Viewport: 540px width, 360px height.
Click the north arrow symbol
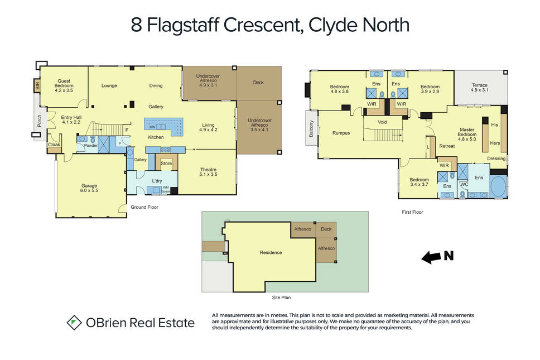pyautogui.click(x=431, y=257)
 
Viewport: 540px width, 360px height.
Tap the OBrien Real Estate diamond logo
pyautogui.click(x=74, y=323)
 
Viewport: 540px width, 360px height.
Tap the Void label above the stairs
pyautogui.click(x=382, y=122)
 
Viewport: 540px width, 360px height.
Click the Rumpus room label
pyautogui.click(x=341, y=133)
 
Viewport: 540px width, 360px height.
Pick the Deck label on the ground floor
pyautogui.click(x=258, y=83)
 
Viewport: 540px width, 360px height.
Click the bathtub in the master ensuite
pyautogui.click(x=498, y=187)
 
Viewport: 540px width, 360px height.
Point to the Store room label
pyautogui.click(x=166, y=164)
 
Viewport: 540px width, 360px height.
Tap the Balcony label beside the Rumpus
pyautogui.click(x=312, y=128)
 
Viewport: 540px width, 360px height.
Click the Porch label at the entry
pyautogui.click(x=39, y=121)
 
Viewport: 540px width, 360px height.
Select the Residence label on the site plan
pyautogui.click(x=271, y=252)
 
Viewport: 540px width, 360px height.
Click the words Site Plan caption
pyautogui.click(x=281, y=297)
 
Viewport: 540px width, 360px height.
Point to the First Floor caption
pyautogui.click(x=412, y=212)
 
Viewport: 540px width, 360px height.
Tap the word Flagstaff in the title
pyautogui.click(x=183, y=25)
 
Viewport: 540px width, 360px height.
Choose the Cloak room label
pyautogui.click(x=54, y=145)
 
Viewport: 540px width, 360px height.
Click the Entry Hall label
pyautogui.click(x=71, y=119)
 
